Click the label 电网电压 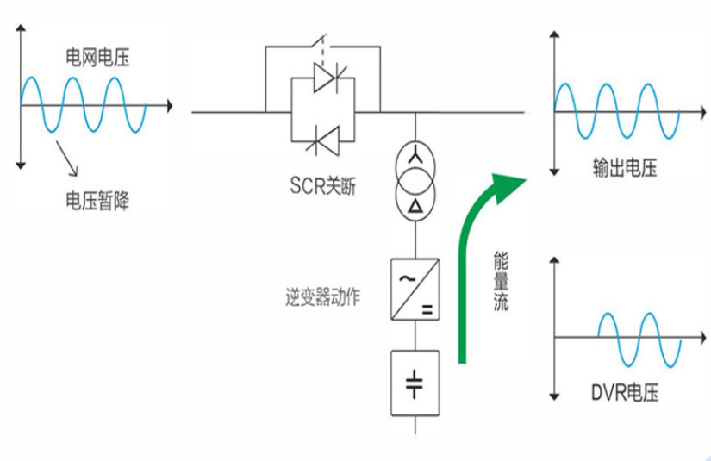tap(98, 59)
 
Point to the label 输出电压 tap(624, 168)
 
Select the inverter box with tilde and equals tap(415, 290)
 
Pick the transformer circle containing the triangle tap(415, 202)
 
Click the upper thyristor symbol tap(327, 81)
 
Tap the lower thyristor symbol tap(327, 137)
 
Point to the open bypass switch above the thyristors tap(322, 41)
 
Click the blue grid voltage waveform tap(82, 104)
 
